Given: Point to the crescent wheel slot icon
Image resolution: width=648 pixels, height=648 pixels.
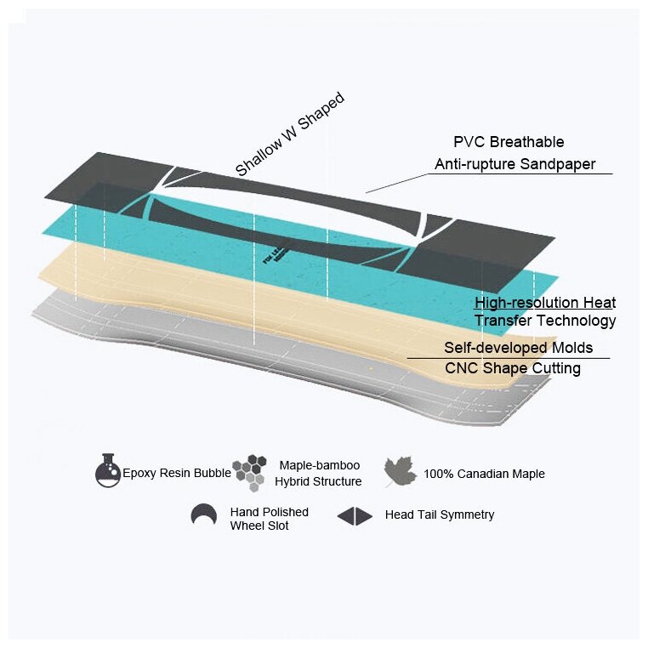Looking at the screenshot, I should [203, 515].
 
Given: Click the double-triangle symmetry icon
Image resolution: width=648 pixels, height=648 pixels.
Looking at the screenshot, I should [355, 515].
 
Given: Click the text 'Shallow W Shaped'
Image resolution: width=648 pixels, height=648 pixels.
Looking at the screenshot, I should [289, 134].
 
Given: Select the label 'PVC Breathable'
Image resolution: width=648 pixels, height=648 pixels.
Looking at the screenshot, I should [509, 142].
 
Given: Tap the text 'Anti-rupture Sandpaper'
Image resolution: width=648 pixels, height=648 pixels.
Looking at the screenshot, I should [515, 164].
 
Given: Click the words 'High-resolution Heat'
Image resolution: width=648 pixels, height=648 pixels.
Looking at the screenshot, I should [545, 303].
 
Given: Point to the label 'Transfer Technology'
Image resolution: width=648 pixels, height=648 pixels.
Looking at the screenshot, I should [545, 321].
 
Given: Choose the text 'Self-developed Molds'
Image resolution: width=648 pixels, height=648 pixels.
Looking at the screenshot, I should [518, 348].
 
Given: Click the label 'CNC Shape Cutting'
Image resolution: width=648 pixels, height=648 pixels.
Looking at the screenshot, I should [513, 368].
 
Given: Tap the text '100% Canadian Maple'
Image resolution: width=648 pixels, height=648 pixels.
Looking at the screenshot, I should [484, 474].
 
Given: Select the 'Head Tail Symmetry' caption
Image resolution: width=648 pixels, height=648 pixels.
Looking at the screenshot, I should [439, 514].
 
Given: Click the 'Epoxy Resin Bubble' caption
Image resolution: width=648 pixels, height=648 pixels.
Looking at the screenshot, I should [176, 474].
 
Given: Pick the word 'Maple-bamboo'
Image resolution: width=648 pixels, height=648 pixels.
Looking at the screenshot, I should [320, 465].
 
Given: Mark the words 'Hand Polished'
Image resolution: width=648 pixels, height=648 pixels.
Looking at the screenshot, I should [269, 512].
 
